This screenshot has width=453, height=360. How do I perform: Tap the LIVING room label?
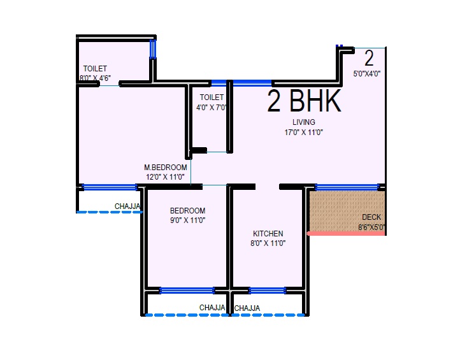(304, 122)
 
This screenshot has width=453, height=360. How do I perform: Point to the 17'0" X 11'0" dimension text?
(304, 133)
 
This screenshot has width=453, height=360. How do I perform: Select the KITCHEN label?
(268, 233)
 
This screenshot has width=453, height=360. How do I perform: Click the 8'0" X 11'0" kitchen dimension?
(268, 243)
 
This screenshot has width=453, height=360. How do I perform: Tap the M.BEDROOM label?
(166, 168)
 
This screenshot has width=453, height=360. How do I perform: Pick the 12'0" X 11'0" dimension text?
(166, 177)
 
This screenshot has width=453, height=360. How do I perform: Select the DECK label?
(371, 217)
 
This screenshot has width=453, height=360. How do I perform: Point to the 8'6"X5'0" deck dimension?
(371, 227)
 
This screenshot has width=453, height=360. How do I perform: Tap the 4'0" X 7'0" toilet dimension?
(212, 107)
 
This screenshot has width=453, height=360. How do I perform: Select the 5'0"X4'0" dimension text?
(369, 73)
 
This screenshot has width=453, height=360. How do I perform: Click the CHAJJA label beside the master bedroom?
(127, 206)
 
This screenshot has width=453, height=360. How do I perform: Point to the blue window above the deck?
(347, 187)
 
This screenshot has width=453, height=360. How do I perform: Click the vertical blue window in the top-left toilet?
(153, 49)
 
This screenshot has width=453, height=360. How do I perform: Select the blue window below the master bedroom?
(110, 187)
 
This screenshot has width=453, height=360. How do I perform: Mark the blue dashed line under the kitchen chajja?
(268, 315)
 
